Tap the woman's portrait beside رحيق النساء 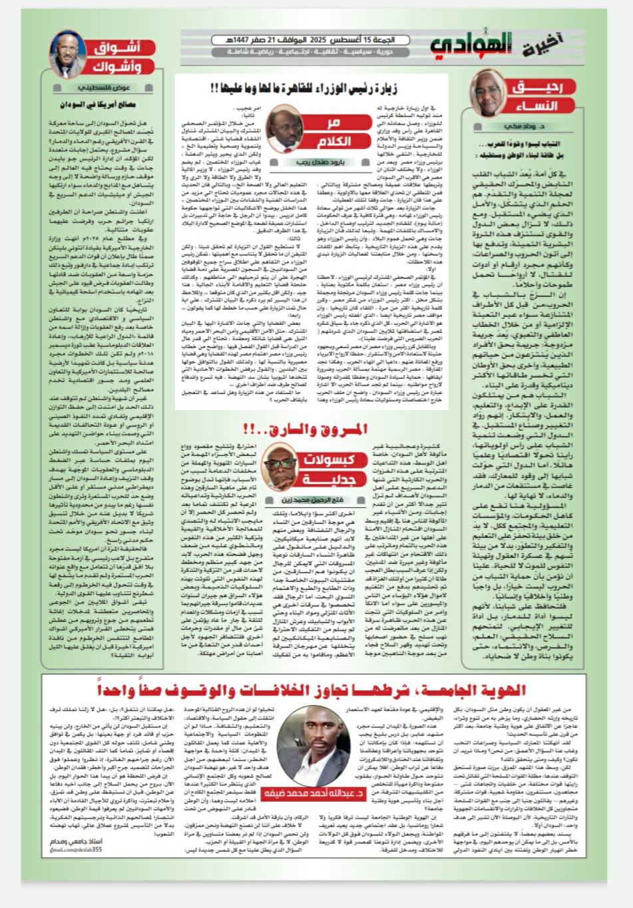488,93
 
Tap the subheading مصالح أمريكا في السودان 107,105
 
